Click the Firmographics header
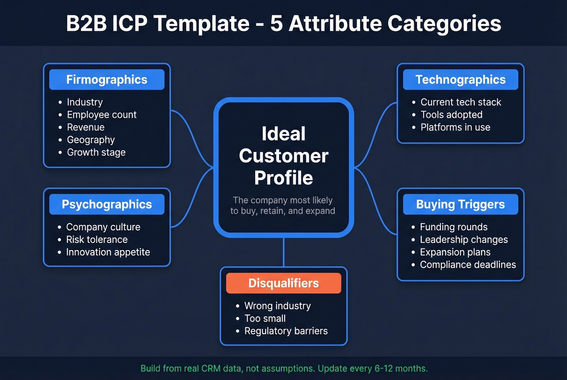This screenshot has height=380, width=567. click(107, 80)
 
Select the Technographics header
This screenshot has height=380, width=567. click(460, 80)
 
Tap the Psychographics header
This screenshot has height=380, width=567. click(107, 204)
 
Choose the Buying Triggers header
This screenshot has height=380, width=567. click(460, 204)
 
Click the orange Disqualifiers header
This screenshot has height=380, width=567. click(283, 283)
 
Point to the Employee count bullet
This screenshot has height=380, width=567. click(102, 115)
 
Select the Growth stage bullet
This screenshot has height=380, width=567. click(96, 153)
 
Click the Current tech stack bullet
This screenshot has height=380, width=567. click(460, 102)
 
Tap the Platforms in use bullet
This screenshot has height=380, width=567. click(455, 127)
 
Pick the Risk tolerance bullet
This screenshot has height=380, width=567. click(97, 240)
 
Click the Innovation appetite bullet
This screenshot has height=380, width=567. click(108, 252)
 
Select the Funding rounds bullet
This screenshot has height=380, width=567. click(454, 227)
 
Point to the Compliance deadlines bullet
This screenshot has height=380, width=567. click(468, 265)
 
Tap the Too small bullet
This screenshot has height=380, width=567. click(265, 318)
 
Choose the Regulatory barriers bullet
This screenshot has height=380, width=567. click(286, 331)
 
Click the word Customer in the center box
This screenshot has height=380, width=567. click(283, 156)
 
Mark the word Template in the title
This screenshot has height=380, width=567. click(201, 23)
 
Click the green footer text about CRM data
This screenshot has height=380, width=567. click(284, 369)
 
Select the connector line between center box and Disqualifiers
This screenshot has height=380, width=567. click(283, 252)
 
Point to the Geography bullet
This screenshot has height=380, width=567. click(91, 140)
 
